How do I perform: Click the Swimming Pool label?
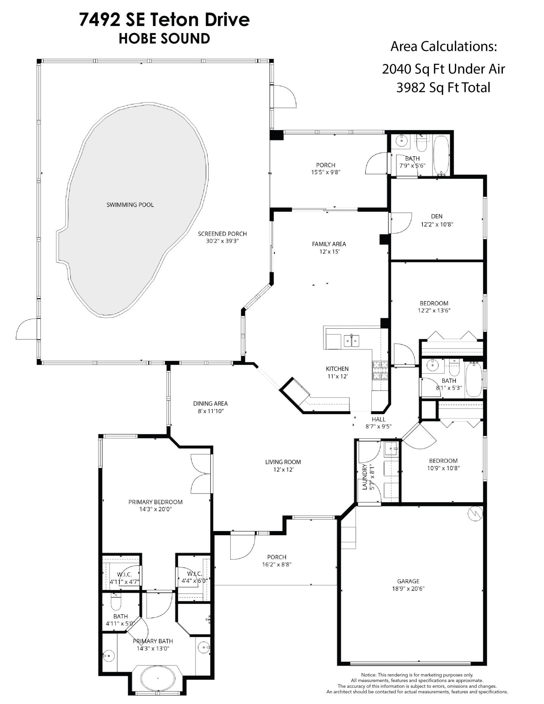point(130,205)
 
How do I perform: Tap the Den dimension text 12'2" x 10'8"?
point(437,224)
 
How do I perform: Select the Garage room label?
point(408,581)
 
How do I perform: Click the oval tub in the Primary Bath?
point(157,678)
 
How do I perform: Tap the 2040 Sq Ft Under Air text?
point(443,69)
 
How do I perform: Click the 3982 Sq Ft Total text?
point(443,87)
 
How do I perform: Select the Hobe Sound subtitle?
point(164,38)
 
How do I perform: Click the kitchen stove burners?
point(380,370)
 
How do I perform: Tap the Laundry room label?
point(365,477)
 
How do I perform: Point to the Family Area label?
point(329,244)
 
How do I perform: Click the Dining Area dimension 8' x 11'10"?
point(210,411)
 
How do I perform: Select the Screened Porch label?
point(222,233)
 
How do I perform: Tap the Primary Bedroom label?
point(155,502)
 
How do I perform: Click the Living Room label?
point(283,462)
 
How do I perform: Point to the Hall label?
point(379,419)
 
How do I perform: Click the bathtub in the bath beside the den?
point(441,155)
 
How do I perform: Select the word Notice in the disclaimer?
point(369,675)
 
